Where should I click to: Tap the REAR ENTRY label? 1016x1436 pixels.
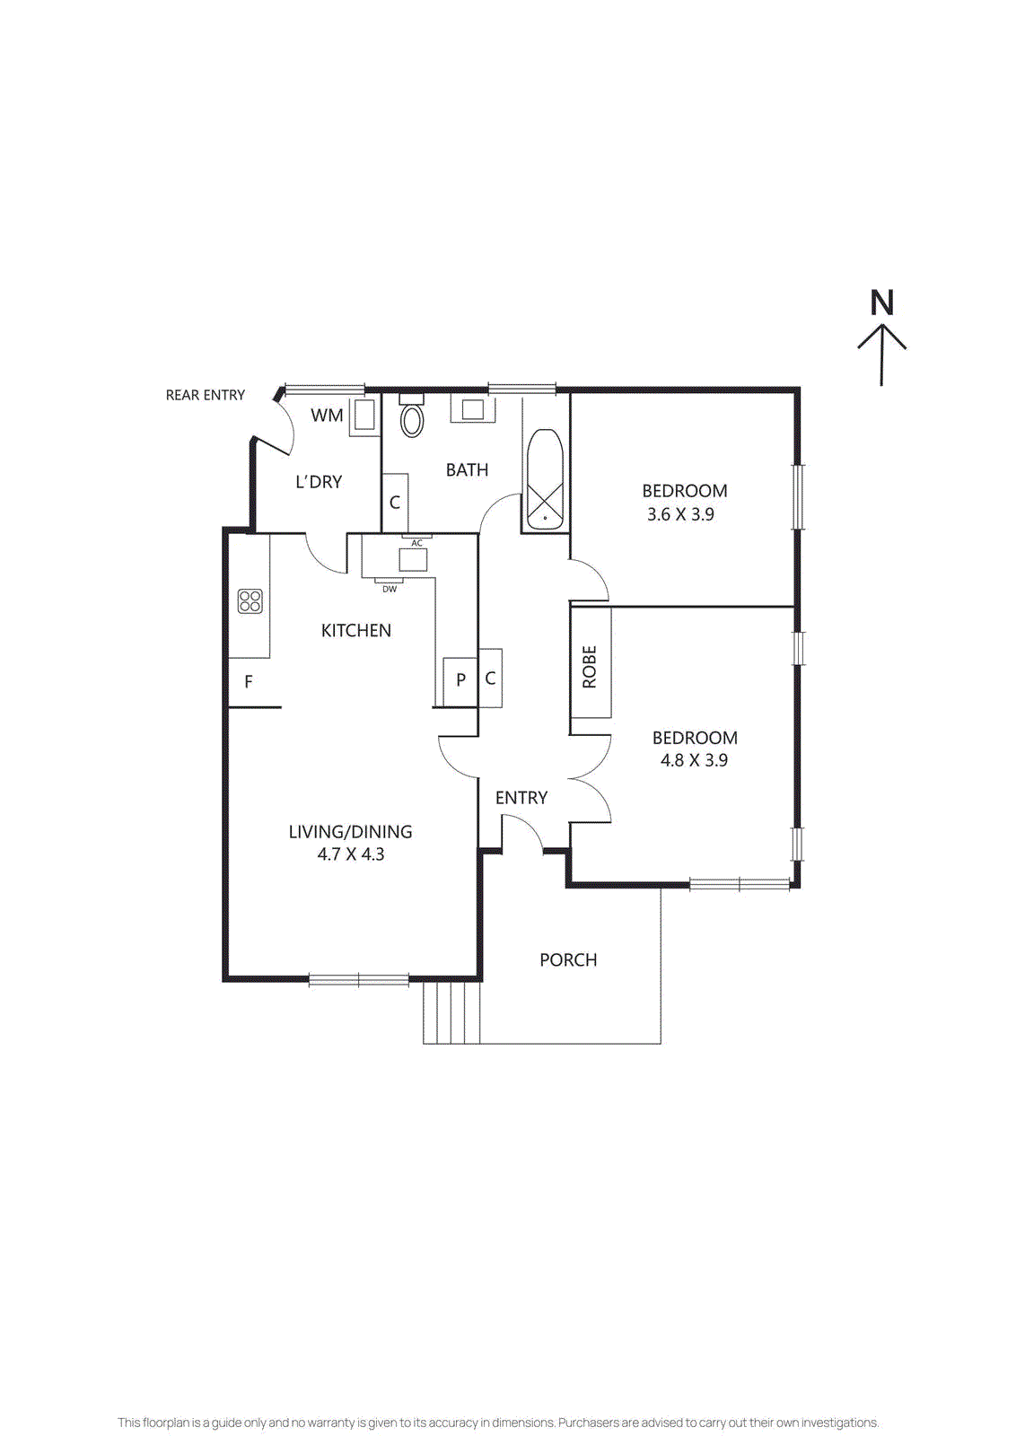tap(205, 395)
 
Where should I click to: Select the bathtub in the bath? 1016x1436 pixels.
tap(545, 480)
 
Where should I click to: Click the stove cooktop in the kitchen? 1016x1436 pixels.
tap(250, 601)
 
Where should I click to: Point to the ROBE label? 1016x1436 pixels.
tap(590, 667)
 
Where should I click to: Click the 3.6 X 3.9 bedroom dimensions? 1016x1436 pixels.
tap(680, 514)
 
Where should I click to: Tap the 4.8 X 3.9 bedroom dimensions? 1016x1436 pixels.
tap(694, 760)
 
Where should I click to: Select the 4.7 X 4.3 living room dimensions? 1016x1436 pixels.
tap(350, 854)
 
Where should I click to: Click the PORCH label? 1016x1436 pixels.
tap(568, 960)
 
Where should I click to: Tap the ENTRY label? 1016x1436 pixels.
tap(521, 798)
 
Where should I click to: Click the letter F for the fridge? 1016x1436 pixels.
tap(249, 682)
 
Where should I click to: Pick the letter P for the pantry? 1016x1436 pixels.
tap(460, 680)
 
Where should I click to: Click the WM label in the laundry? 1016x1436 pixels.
tap(327, 416)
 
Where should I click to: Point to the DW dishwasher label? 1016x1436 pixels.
tap(390, 590)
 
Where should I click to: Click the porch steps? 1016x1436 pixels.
tap(451, 1011)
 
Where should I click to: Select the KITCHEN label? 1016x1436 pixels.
tap(355, 631)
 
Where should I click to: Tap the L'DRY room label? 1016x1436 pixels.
tap(319, 482)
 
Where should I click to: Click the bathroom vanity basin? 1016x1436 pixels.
tap(473, 409)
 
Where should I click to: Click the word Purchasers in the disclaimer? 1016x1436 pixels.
tap(588, 1423)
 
